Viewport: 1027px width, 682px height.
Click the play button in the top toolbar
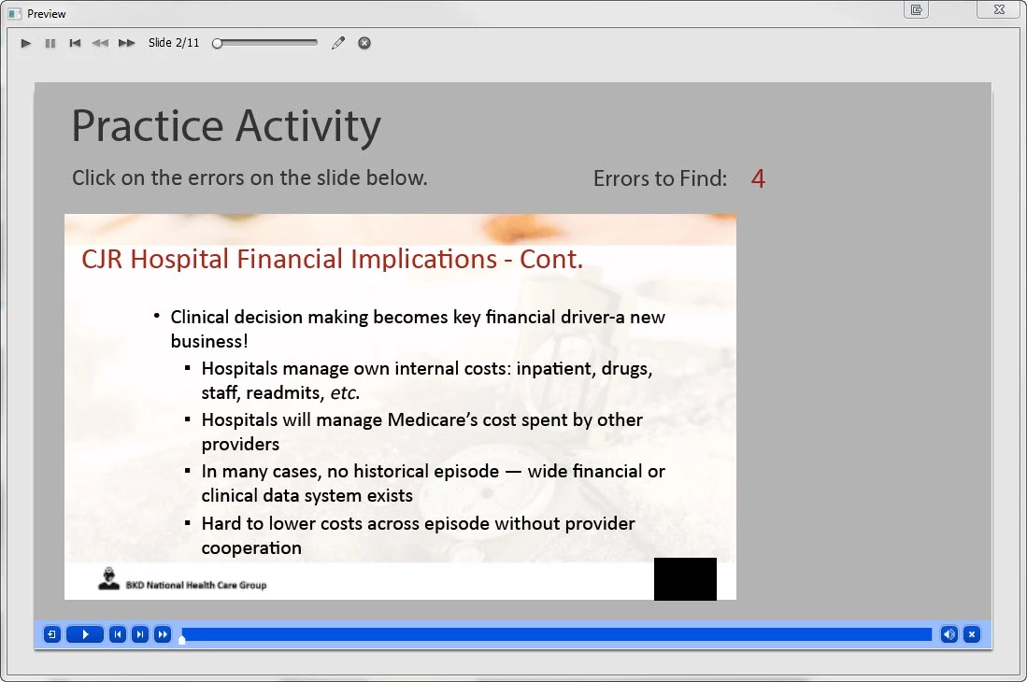click(25, 43)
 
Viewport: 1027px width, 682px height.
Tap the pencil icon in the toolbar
click(338, 43)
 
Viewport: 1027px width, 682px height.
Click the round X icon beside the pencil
click(364, 43)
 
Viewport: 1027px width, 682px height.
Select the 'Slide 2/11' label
click(174, 43)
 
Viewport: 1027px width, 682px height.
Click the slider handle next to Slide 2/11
click(218, 43)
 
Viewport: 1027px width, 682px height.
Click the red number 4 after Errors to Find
click(758, 178)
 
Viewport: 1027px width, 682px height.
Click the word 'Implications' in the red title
click(423, 259)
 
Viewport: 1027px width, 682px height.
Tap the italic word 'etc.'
click(345, 392)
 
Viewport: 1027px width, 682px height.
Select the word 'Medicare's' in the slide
click(433, 419)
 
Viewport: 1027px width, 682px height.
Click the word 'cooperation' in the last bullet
click(251, 547)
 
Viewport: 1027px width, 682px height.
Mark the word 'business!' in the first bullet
click(209, 341)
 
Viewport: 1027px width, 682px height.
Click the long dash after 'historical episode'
click(514, 472)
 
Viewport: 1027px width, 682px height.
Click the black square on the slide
click(685, 579)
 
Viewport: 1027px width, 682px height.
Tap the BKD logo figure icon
click(108, 578)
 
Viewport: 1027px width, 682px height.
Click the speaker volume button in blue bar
click(949, 634)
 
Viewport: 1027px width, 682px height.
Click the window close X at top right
click(1000, 10)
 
